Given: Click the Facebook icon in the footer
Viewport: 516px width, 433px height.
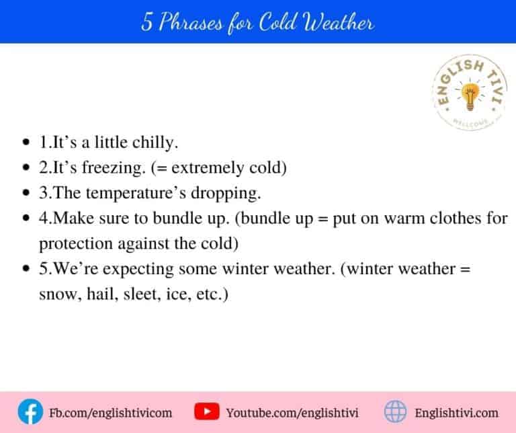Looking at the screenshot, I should click(x=29, y=411).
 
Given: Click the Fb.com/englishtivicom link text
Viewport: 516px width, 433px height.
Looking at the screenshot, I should click(x=111, y=412).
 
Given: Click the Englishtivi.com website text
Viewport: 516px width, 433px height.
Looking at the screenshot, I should click(x=457, y=412).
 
